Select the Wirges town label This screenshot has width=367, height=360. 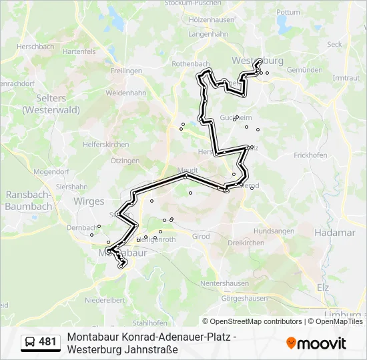click(x=89, y=201)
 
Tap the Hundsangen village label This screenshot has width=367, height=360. click(x=274, y=231)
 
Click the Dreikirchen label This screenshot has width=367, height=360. click(x=246, y=243)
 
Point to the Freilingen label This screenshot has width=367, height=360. click(x=127, y=71)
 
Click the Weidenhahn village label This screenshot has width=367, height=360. click(x=125, y=93)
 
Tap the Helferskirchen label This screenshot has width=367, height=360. click(x=105, y=145)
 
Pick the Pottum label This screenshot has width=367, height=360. click(x=288, y=12)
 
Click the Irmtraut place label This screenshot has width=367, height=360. click(x=346, y=78)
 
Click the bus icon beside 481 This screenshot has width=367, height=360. click(x=30, y=343)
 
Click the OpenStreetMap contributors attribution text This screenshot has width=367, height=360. click(x=256, y=321)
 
